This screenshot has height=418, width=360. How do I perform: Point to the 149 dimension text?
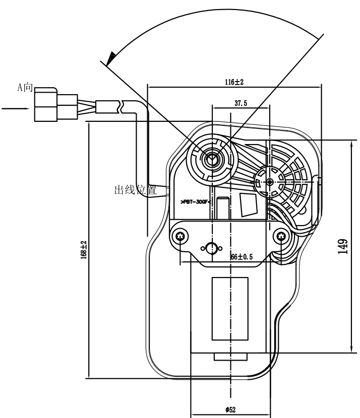tap(342, 247)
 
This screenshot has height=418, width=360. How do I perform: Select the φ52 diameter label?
tap(231, 409)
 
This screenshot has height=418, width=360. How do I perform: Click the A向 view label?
tap(25, 88)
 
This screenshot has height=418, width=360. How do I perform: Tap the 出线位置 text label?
tap(135, 190)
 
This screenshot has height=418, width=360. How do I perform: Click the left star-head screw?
tap(181, 236)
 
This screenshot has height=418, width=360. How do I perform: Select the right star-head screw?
tap(281, 236)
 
